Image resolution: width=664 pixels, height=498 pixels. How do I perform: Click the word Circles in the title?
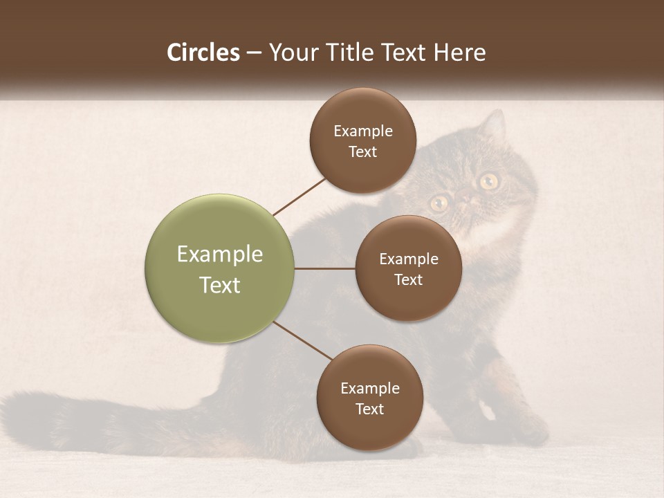tap(203, 53)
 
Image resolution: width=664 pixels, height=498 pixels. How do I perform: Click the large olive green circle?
tap(220, 268)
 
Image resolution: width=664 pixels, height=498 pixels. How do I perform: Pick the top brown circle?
tap(363, 140)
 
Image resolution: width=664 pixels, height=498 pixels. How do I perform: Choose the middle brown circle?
tap(408, 268)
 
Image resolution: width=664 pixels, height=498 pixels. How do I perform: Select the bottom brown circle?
tap(369, 398)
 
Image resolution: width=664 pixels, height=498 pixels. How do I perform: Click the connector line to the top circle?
tap(300, 196)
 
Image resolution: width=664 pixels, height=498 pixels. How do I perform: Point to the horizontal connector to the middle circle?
tap(324, 268)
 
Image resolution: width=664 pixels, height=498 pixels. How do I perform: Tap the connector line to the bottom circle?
tap(302, 341)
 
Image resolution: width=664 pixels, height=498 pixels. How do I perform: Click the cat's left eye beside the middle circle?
tap(439, 203)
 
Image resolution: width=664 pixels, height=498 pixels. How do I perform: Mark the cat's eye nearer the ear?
tap(489, 181)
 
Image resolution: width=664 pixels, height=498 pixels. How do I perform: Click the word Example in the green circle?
tap(220, 255)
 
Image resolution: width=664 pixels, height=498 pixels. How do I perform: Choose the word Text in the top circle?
tap(363, 152)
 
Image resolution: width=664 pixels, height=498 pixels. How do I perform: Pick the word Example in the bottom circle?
tap(370, 388)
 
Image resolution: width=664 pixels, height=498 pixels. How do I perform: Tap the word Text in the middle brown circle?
tap(408, 279)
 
